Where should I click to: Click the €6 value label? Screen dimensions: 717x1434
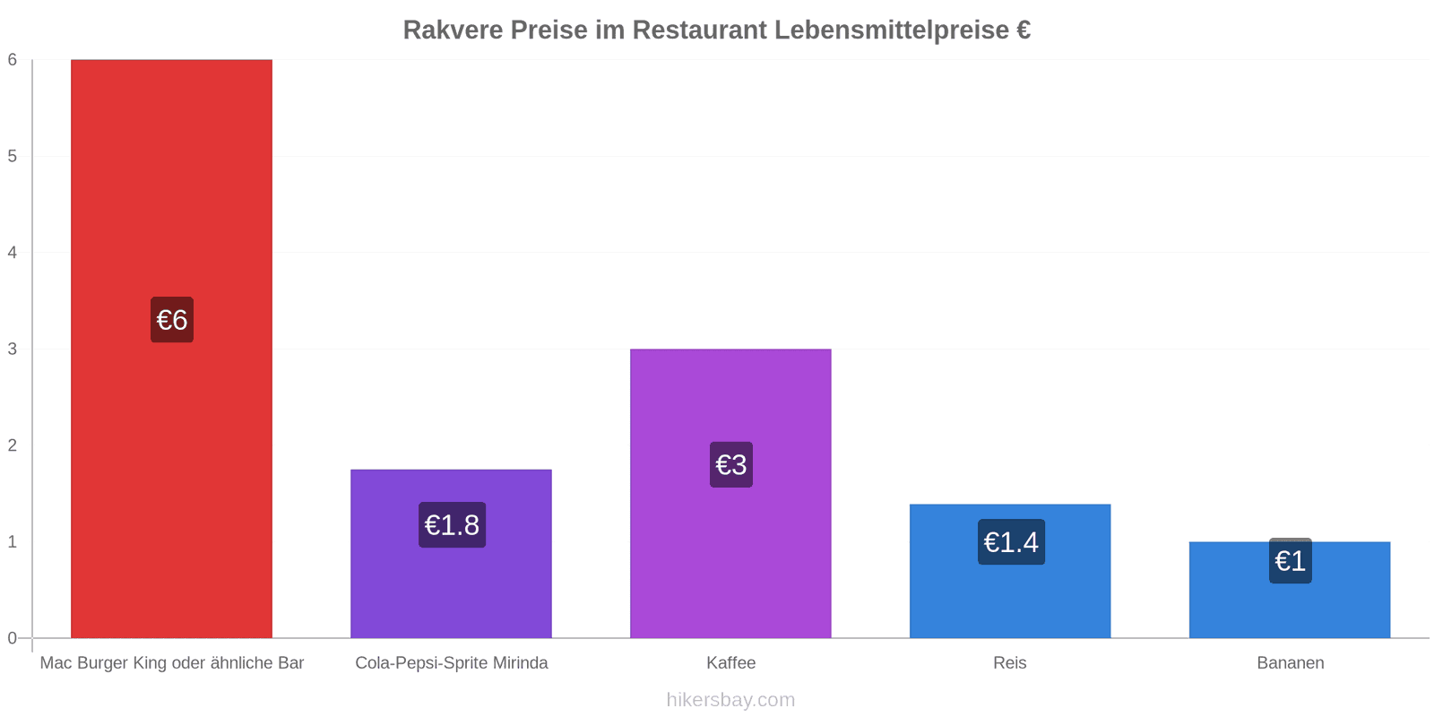[x=172, y=320]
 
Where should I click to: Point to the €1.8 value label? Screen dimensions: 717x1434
[x=452, y=525]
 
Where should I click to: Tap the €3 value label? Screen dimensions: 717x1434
[x=731, y=464]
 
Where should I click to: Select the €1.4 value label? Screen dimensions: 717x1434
[x=1011, y=542]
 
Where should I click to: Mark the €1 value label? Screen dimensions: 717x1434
[x=1291, y=561]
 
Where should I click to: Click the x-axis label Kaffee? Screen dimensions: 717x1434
[x=731, y=663]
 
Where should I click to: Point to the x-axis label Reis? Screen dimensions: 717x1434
[x=1010, y=663]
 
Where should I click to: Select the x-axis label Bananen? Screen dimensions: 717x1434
[x=1291, y=663]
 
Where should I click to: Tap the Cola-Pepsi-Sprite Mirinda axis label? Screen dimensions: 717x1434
[x=452, y=663]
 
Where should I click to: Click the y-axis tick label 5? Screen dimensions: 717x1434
[x=13, y=156]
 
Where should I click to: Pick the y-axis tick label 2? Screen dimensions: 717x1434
[x=13, y=445]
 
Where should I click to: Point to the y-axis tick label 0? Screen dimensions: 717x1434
[x=13, y=638]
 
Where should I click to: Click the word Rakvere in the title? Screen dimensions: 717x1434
[x=453, y=30]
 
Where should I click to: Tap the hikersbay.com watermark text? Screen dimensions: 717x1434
[x=730, y=700]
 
